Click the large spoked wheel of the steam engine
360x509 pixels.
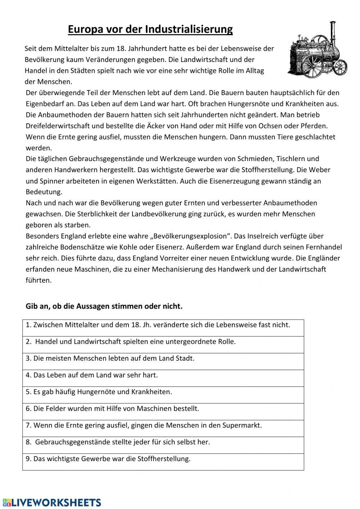(312, 64)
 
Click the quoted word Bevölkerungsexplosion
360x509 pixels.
(190, 236)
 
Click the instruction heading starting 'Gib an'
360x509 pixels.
(104, 307)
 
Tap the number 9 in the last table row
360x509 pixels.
(28, 459)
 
